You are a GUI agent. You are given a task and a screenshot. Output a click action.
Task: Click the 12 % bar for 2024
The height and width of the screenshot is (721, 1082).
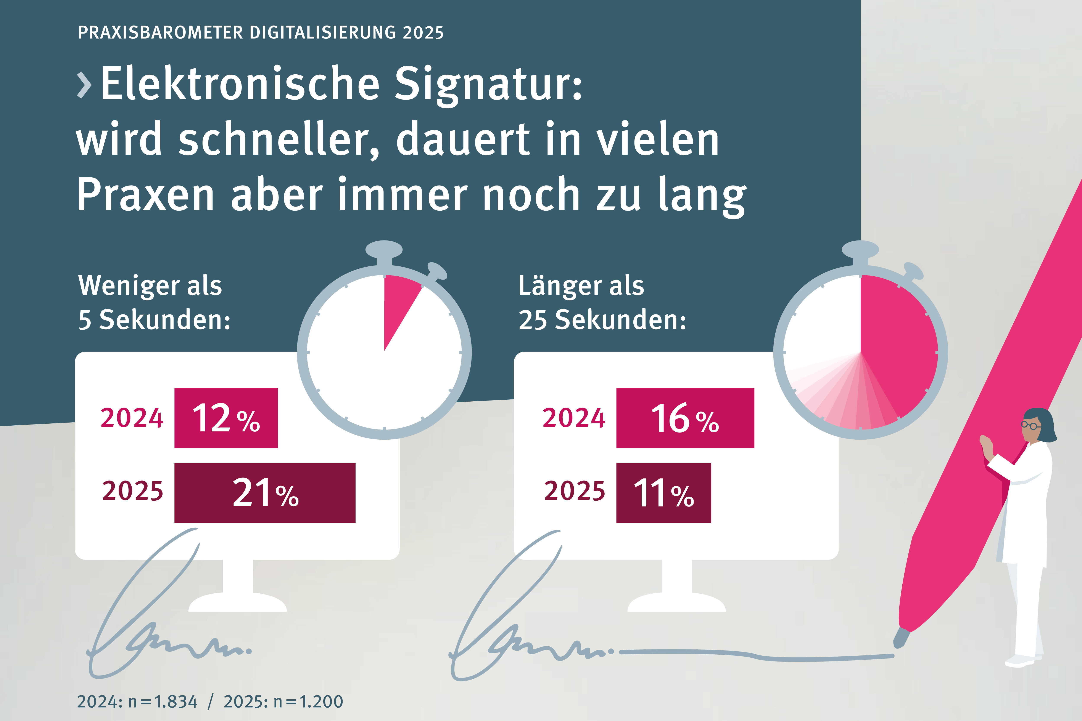pyautogui.click(x=226, y=418)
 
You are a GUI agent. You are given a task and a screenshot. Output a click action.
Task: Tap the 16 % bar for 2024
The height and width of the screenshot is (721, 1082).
pyautogui.click(x=685, y=418)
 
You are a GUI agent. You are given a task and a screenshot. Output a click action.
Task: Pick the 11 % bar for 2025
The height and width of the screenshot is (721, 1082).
pyautogui.click(x=663, y=493)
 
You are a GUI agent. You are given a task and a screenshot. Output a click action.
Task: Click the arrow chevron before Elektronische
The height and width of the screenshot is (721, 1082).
pyautogui.click(x=84, y=85)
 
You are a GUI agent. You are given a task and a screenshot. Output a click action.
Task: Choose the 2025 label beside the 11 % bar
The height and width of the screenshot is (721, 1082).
pyautogui.click(x=575, y=491)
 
